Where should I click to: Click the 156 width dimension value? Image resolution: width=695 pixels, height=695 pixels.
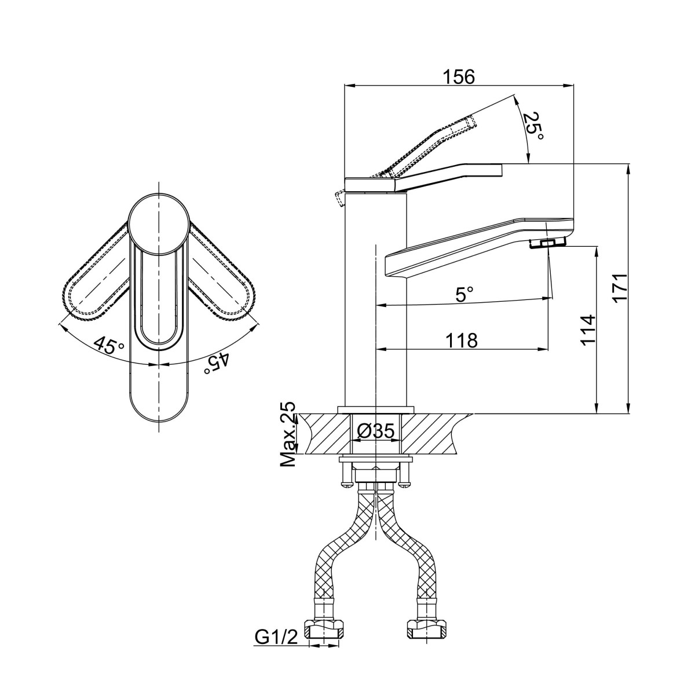tap(459, 77)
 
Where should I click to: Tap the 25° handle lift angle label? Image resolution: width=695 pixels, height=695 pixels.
tap(534, 127)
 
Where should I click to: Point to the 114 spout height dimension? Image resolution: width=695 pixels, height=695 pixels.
tap(588, 330)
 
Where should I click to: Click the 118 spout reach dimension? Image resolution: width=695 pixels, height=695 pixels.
tap(462, 340)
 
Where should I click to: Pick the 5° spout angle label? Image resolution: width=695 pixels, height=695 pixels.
tap(464, 294)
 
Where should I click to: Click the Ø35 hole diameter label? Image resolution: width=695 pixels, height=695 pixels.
tap(375, 431)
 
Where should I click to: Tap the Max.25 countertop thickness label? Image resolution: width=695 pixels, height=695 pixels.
tap(288, 434)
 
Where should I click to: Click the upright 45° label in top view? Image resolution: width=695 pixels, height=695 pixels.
tap(109, 346)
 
